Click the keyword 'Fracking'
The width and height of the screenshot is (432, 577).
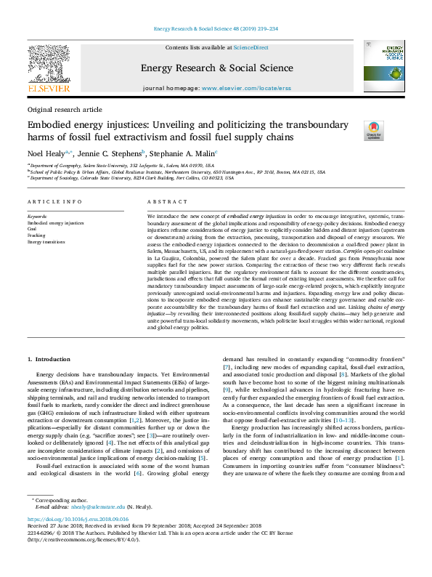click(x=36, y=236)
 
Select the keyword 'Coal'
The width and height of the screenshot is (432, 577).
click(x=31, y=230)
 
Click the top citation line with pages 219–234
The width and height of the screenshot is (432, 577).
click(x=216, y=30)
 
